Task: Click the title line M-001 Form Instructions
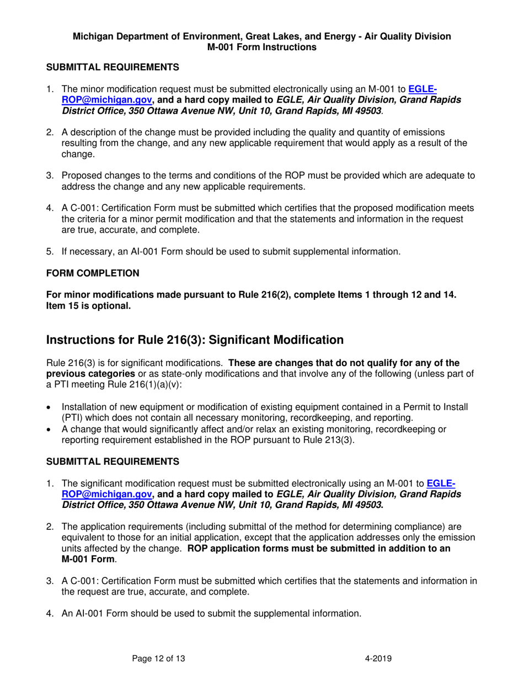click(261, 47)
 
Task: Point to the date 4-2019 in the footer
click(378, 657)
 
